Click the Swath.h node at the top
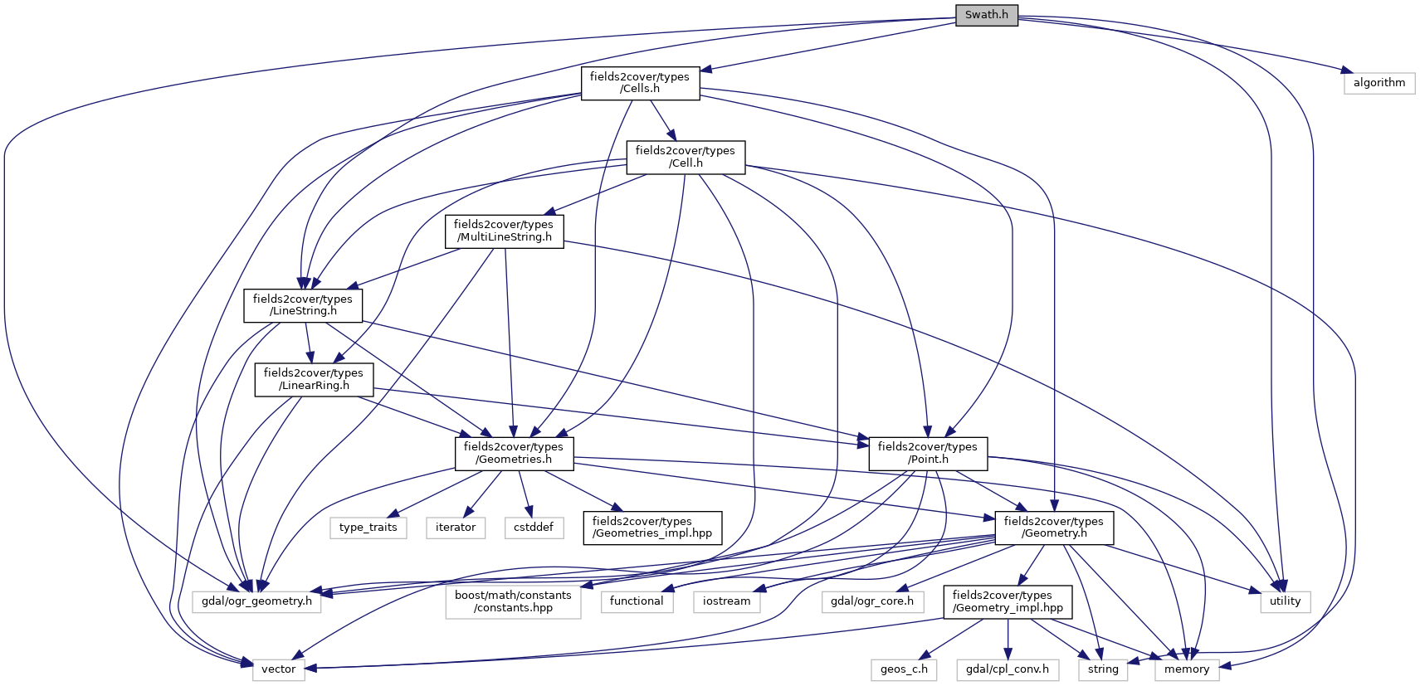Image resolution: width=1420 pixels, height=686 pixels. coord(986,15)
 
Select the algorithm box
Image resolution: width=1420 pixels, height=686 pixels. coord(1379,83)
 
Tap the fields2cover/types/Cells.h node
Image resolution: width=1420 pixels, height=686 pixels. coord(640,83)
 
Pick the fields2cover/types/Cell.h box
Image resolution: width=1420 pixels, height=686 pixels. coord(686,157)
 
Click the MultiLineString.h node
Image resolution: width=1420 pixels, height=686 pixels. coord(504,231)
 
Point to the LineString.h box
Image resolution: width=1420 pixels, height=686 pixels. coord(303,305)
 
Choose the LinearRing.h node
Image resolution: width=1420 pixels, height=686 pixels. coord(314,379)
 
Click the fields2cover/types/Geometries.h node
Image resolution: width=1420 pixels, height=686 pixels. coord(514,453)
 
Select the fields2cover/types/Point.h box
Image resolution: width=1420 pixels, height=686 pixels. coord(928,453)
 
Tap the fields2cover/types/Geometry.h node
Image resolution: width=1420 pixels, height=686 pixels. coord(1054,528)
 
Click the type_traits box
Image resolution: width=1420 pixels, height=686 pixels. coord(368,528)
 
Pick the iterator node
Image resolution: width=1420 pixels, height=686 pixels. coord(456,528)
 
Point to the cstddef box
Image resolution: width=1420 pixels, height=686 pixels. coord(534,528)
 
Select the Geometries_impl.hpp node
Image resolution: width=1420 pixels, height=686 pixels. coord(652,528)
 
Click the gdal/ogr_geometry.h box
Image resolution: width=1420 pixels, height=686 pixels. coord(257,601)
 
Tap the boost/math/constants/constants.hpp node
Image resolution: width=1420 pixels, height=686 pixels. coord(513,601)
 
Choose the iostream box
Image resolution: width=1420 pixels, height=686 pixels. coord(726,601)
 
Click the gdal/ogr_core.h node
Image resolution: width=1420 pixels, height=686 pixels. coord(872,601)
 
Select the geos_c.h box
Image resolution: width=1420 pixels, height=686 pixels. coord(904,669)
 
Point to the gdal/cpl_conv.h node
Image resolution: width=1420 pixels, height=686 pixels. coord(1008,669)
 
